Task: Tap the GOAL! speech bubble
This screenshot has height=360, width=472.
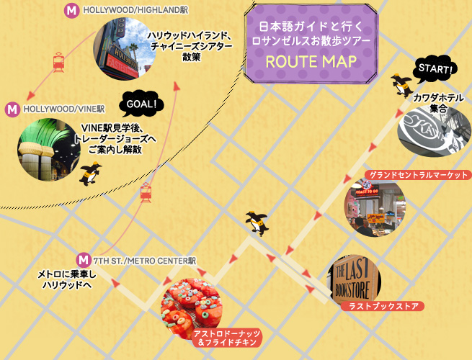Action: coord(141,104)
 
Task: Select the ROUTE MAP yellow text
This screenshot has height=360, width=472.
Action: coord(311,60)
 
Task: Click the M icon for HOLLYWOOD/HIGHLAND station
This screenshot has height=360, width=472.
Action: coord(71,11)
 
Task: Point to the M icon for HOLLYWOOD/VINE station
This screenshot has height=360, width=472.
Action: coord(12,109)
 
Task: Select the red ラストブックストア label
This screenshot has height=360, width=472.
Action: coord(382,306)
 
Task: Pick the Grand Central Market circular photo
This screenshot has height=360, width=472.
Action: coord(375,208)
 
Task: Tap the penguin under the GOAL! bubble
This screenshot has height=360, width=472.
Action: coord(91,174)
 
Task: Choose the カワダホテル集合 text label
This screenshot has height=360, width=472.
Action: coord(437,102)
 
